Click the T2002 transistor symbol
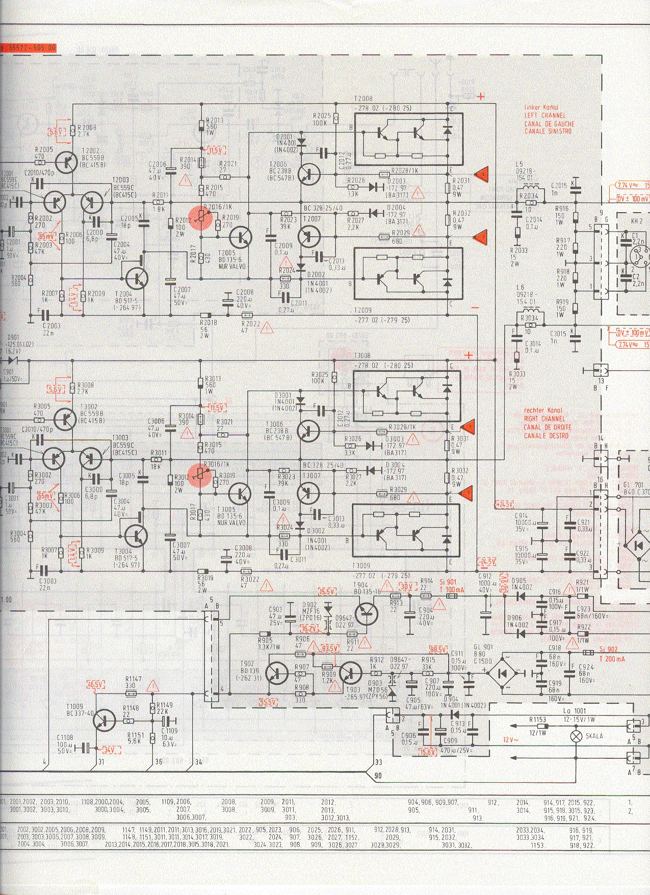[66, 163]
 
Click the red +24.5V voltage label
[505, 504]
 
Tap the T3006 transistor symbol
[309, 431]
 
